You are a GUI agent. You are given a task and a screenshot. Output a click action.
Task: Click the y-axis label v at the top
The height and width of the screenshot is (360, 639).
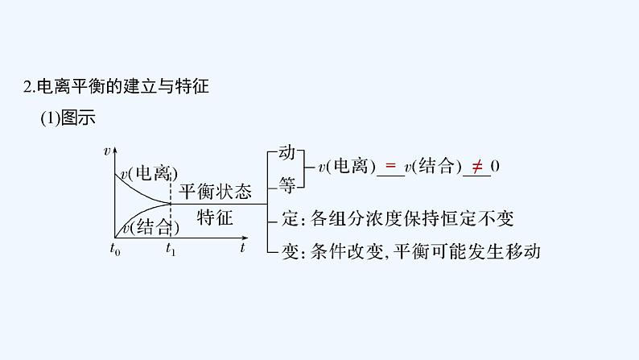[107, 151]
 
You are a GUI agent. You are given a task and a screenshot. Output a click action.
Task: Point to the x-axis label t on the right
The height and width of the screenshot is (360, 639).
[241, 248]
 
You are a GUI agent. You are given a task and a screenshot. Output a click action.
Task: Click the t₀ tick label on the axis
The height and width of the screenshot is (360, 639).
[115, 250]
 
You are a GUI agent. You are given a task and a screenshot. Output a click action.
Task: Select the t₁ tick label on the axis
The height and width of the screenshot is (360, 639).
[171, 250]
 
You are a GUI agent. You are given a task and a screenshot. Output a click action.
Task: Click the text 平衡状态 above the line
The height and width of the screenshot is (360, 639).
[215, 192]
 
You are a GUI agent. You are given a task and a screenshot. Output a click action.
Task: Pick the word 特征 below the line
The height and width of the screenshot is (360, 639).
[215, 217]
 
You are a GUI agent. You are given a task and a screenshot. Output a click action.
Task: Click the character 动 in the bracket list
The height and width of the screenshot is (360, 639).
[287, 151]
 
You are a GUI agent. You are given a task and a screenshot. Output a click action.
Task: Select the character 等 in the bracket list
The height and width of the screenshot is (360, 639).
[287, 184]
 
